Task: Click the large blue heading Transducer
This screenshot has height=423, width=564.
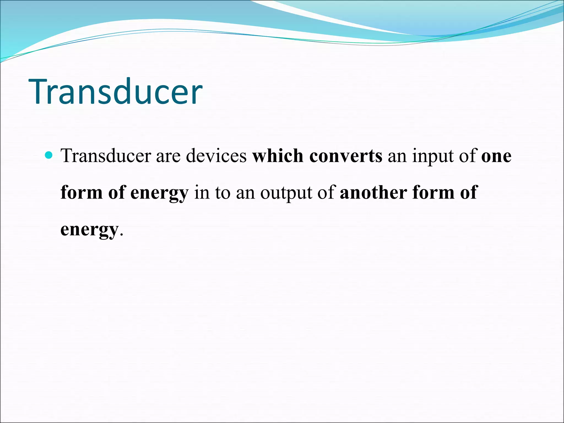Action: (116, 91)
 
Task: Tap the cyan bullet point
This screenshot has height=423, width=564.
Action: (48, 155)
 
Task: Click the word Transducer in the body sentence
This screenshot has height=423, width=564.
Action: (106, 156)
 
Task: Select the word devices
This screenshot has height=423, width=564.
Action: (216, 156)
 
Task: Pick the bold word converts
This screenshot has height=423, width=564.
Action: (346, 156)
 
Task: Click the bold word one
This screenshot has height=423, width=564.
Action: (496, 156)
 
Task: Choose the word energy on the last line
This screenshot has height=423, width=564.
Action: (89, 230)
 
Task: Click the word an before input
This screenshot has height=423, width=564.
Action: (397, 156)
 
